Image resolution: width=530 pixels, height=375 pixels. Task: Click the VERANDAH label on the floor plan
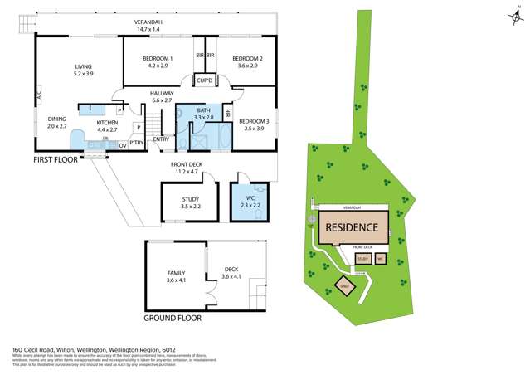click(x=151, y=22)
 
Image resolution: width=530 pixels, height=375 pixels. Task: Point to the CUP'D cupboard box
click(x=204, y=80)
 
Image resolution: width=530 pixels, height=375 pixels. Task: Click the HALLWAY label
click(x=161, y=93)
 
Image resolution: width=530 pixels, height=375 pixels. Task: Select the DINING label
click(x=56, y=119)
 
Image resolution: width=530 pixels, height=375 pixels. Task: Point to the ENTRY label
click(x=161, y=139)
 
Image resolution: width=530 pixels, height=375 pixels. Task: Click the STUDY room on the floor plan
click(x=192, y=202)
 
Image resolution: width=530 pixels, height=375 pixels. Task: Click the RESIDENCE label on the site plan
click(x=352, y=227)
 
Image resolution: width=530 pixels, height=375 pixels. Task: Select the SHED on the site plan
click(x=344, y=287)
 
